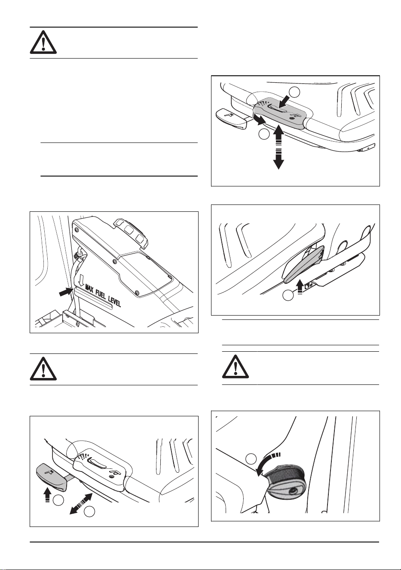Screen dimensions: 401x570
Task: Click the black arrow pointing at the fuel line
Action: (66, 292)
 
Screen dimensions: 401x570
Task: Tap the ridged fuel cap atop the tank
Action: (132, 233)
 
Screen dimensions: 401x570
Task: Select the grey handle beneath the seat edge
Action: (304, 264)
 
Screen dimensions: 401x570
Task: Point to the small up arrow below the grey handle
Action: (300, 287)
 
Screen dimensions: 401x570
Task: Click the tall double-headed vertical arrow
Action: (279, 147)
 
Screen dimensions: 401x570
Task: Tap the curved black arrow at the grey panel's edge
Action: (259, 119)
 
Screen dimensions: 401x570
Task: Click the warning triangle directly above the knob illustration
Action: (236, 367)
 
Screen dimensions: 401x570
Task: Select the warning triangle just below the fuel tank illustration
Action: (43, 369)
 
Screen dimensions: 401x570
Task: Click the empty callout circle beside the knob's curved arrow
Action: (251, 458)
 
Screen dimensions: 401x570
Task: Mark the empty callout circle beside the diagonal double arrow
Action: (89, 511)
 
